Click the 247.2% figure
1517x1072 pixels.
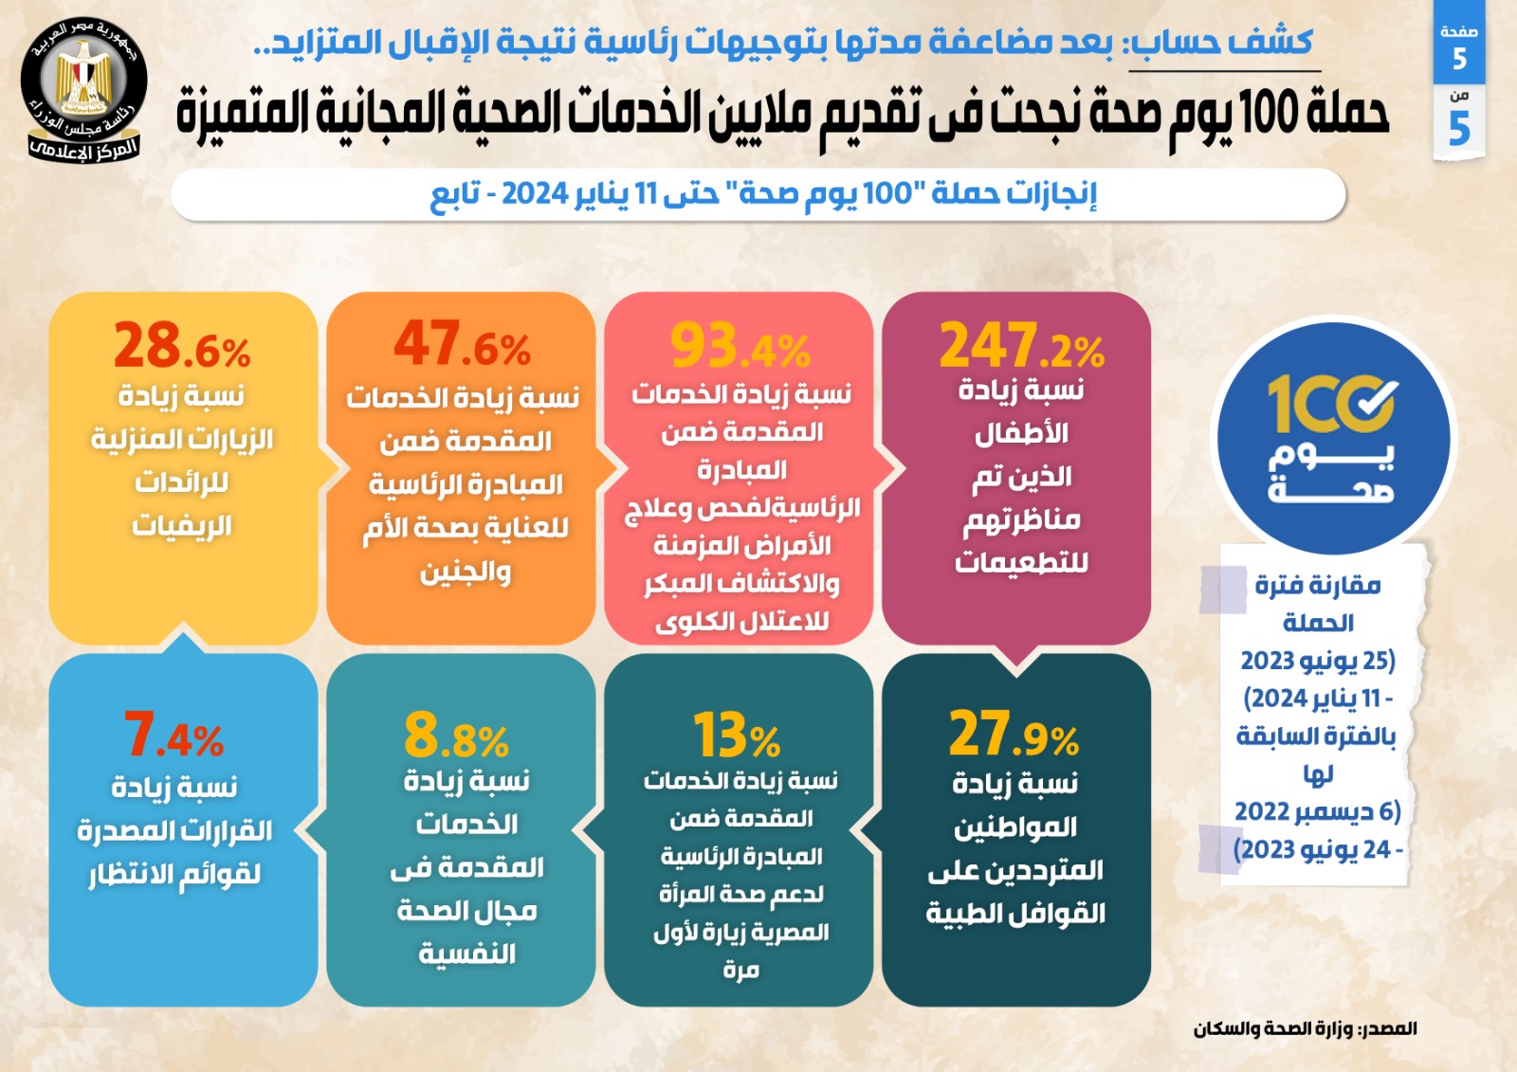click(x=1021, y=346)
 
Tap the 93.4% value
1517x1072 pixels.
click(x=740, y=347)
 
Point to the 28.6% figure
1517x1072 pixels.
click(x=182, y=347)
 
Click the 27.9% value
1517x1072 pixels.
click(x=1014, y=736)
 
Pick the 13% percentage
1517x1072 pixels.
click(x=737, y=736)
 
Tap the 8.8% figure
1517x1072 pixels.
click(x=456, y=736)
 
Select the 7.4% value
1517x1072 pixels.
click(x=174, y=736)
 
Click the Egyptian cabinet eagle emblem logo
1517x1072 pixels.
click(x=83, y=90)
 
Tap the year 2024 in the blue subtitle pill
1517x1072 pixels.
click(x=534, y=194)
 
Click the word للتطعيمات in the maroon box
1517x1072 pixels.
click(x=1021, y=563)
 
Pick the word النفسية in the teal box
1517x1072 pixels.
click(x=467, y=954)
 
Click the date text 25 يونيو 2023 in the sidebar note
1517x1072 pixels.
click(x=1318, y=661)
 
